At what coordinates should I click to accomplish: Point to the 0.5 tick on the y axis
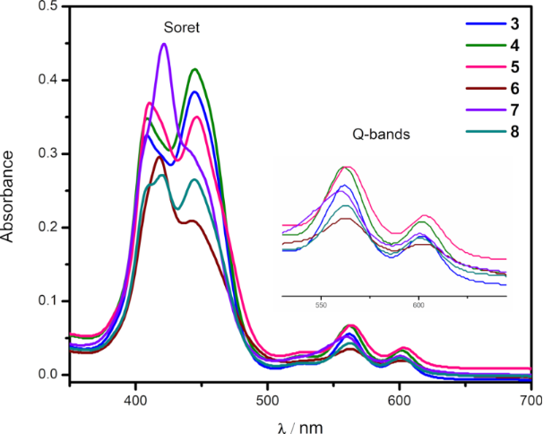pos(46,7)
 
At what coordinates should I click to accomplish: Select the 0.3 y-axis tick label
pos(46,154)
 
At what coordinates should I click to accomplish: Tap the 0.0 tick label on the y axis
pos(46,375)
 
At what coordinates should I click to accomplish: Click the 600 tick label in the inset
pos(418,304)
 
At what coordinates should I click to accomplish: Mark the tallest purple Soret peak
pos(164,44)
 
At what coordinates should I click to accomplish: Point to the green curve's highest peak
pos(194,69)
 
